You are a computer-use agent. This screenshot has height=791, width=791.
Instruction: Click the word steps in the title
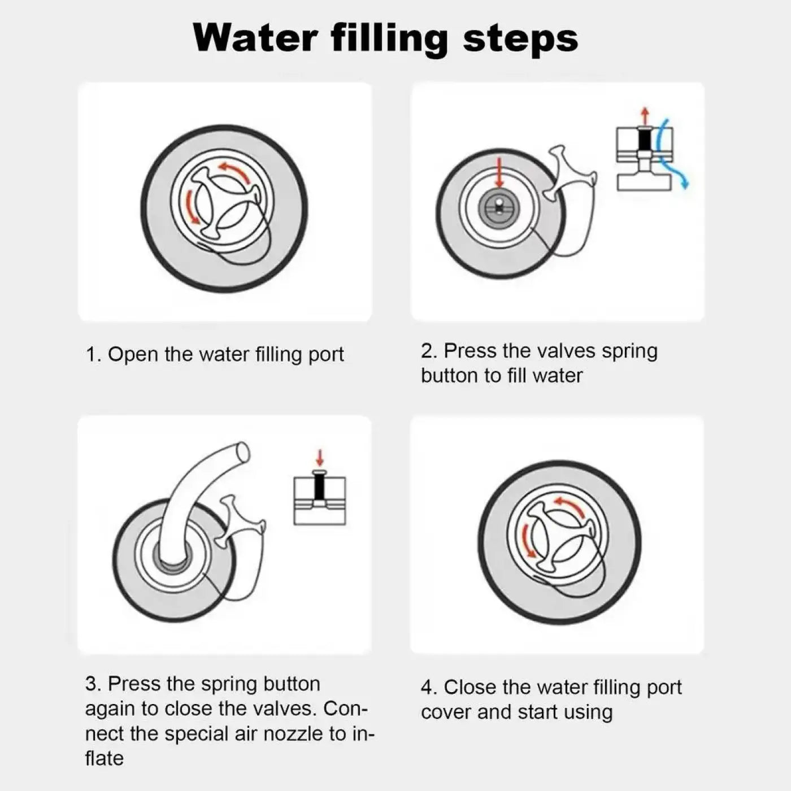(520, 38)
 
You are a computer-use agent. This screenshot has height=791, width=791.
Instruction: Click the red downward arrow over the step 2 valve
(499, 172)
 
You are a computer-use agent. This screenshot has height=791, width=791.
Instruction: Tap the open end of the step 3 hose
(242, 452)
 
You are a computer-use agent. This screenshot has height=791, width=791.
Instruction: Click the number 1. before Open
(93, 355)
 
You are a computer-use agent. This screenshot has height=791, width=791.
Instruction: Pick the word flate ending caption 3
(104, 758)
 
